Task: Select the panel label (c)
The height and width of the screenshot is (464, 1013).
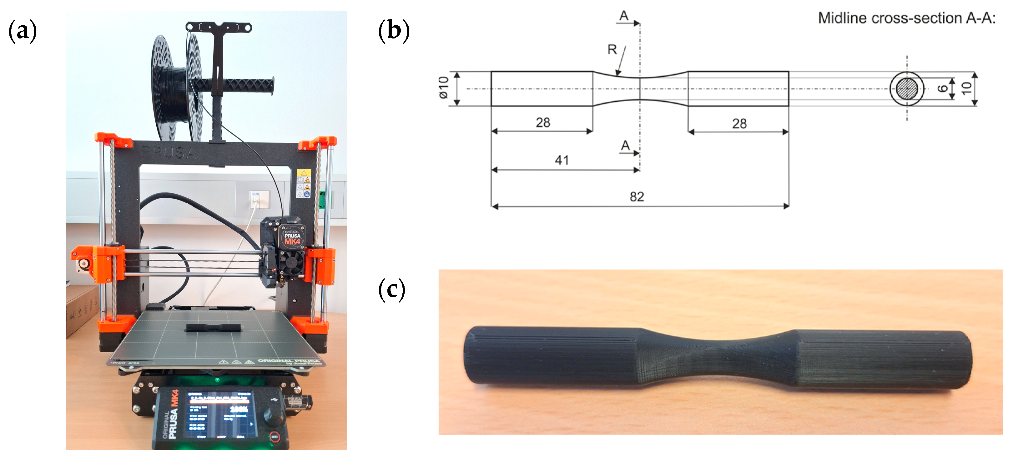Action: point(391,290)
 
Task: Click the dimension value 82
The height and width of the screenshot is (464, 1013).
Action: point(637,196)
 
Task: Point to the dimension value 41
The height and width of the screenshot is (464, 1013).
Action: point(562,160)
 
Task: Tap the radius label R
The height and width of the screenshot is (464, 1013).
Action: point(612,49)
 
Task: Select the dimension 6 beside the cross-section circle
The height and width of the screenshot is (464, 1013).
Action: point(943,88)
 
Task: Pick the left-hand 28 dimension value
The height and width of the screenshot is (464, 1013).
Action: point(543,122)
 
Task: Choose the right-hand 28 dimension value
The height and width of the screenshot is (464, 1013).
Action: point(739,124)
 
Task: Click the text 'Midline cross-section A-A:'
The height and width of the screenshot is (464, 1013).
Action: point(906,18)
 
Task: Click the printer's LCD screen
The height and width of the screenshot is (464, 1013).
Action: point(219,413)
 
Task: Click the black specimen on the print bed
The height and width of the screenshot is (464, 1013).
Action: point(213,328)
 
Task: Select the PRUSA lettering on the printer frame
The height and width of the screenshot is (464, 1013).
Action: point(168,152)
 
